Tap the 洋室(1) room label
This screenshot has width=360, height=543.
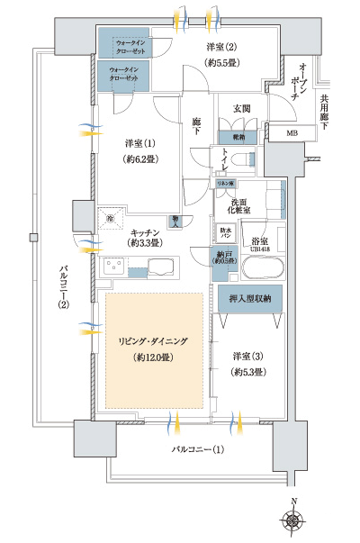point(139,144)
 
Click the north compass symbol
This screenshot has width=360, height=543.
point(293,520)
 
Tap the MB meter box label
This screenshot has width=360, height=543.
point(291,134)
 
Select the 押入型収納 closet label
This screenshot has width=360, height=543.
point(250,299)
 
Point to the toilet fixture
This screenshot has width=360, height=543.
point(240,158)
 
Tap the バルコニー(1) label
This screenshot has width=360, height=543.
point(195,448)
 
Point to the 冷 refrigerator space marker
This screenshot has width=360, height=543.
point(111,219)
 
